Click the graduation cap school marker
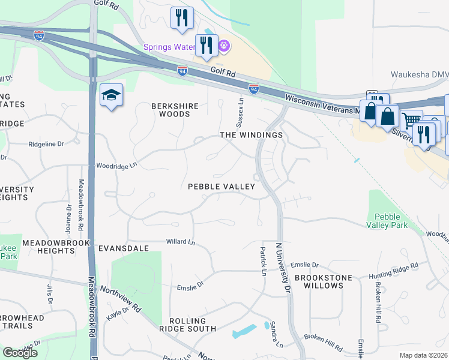click(112, 96)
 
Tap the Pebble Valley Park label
click(391, 220)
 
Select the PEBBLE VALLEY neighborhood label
click(221, 187)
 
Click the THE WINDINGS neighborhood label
click(252, 135)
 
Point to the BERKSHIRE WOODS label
click(175, 110)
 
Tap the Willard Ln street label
click(181, 242)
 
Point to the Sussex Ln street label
click(241, 109)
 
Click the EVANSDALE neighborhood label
click(122, 248)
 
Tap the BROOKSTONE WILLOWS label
click(319, 281)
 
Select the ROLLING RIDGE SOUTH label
click(187, 325)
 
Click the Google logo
click(20, 353)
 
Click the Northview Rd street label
click(121, 298)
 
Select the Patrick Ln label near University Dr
click(263, 262)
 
